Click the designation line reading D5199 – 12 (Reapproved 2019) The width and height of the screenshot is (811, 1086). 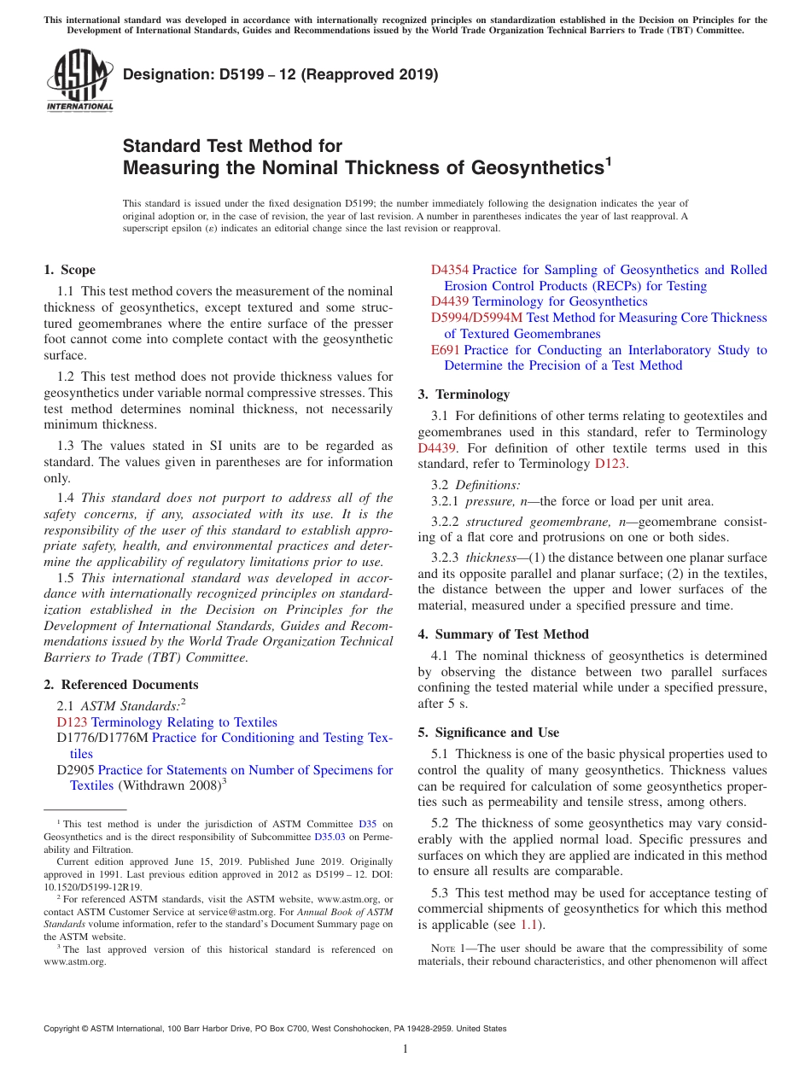(x=280, y=75)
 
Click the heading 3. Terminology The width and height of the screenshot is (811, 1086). (x=464, y=394)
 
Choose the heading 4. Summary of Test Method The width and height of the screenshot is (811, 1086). (x=503, y=634)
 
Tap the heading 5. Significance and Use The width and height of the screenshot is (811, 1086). (x=488, y=733)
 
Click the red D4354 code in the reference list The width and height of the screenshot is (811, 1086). (x=449, y=270)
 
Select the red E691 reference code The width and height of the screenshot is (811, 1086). (x=446, y=350)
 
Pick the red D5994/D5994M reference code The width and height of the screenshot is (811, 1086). (x=476, y=318)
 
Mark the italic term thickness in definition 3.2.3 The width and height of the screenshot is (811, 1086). (x=491, y=557)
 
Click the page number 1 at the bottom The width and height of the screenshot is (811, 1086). (x=405, y=1049)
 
